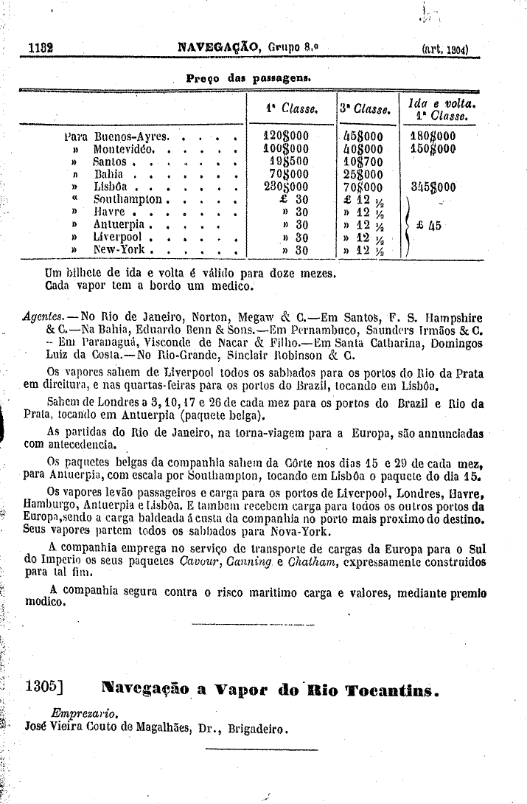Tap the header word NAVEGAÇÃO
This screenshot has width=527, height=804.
tap(218, 48)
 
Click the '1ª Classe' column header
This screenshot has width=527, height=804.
tap(290, 109)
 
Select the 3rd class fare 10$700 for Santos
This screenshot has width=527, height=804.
tap(363, 161)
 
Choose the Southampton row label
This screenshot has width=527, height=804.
tap(128, 199)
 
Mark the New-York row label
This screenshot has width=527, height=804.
tap(119, 249)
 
